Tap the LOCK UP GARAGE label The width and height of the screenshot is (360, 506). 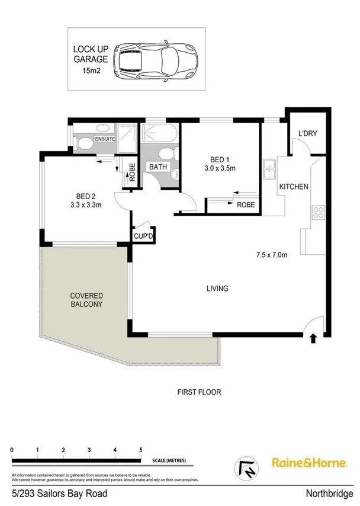(x=91, y=54)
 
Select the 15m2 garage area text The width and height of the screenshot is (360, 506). (x=91, y=71)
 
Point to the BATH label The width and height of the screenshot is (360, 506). (x=157, y=167)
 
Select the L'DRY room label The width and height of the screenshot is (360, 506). (x=308, y=133)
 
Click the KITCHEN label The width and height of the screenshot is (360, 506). (x=294, y=187)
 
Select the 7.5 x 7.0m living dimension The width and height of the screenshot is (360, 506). (x=272, y=255)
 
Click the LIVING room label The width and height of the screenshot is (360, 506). (x=217, y=289)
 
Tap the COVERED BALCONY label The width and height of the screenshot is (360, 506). (x=86, y=300)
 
